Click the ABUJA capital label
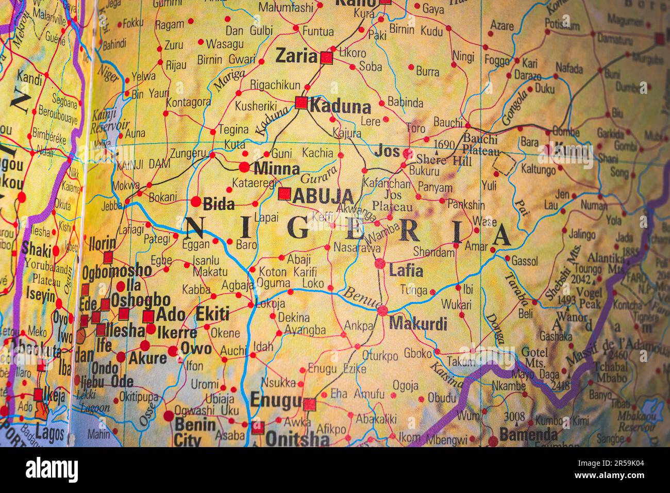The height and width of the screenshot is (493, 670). point(323,196)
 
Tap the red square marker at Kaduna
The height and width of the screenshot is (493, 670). point(301,103)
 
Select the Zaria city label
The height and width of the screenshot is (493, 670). point(296,56)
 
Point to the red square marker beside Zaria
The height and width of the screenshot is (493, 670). point(327,58)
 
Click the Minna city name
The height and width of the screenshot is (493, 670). point(276,169)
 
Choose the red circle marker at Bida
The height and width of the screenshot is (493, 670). point(196,201)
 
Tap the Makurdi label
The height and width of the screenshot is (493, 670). point(418,324)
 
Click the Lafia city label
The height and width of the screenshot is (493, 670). point(406,270)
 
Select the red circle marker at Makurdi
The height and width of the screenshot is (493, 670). point(382,311)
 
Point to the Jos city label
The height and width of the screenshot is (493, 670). point(387,151)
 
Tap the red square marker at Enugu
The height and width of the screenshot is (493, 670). point(309,404)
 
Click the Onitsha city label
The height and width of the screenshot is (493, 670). point(297,438)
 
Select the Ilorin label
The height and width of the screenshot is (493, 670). point(102,242)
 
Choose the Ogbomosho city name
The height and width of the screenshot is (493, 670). point(116,270)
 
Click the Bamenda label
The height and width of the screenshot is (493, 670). point(528,434)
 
